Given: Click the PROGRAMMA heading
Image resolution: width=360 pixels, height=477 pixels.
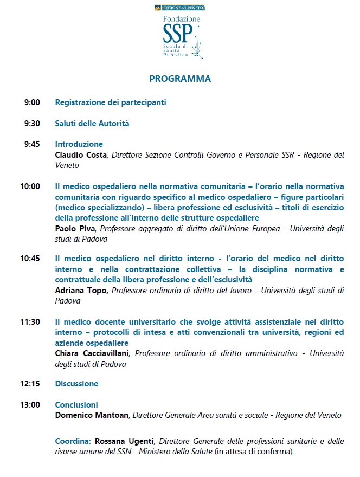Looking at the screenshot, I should (180, 79).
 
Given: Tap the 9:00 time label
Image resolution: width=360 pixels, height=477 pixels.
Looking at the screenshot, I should (32, 102).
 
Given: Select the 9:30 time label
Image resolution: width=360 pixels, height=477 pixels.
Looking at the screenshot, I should (32, 124).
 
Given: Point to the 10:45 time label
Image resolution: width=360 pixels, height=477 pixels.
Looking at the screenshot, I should (30, 259).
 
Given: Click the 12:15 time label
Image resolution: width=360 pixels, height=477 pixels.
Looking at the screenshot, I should (30, 384).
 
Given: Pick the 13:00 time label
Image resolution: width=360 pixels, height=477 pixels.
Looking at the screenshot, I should (30, 405).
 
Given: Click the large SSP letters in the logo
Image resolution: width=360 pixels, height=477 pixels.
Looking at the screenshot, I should (177, 34).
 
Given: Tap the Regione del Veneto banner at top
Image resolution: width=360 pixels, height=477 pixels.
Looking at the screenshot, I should (180, 8).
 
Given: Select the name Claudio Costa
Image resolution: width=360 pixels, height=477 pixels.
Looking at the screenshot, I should (81, 155).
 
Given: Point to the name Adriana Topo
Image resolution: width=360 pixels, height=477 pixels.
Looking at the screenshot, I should (81, 291).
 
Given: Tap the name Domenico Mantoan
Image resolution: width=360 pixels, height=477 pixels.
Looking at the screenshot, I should (92, 415).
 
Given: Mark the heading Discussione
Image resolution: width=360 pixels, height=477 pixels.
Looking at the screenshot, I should (76, 384).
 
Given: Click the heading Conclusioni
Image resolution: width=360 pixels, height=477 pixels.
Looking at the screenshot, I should (76, 405).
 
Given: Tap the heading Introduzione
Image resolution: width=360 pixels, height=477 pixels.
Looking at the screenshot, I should (79, 144).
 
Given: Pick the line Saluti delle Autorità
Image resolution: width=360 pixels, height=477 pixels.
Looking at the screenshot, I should (92, 124).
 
